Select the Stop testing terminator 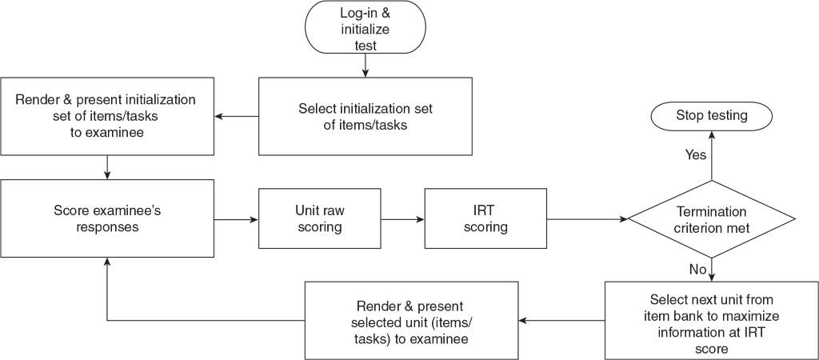pyautogui.click(x=712, y=115)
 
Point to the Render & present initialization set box pyautogui.click(x=107, y=116)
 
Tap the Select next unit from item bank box pyautogui.click(x=711, y=320)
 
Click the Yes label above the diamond pyautogui.click(x=695, y=155)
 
